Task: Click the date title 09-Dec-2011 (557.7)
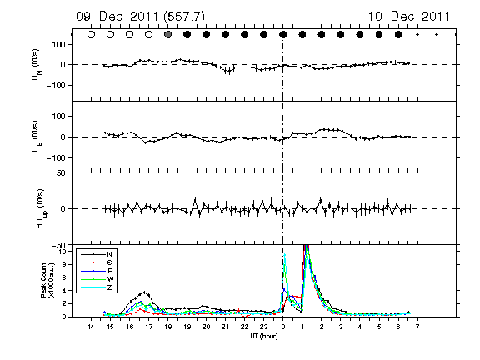pos(140,17)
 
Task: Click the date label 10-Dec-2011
pos(409,17)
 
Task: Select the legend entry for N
pos(97,254)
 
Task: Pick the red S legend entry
pos(97,262)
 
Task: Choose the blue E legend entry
pos(97,271)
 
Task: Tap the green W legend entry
pos(97,279)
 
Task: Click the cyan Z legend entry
pos(97,287)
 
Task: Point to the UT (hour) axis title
pos(264,336)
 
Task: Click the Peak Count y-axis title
pos(47,280)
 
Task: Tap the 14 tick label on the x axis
pos(91,327)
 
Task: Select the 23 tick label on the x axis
pos(263,327)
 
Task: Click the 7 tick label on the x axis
pos(417,327)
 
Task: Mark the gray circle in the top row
pos(167,35)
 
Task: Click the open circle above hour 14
pos(91,35)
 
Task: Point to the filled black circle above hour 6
pos(398,35)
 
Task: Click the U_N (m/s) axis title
pos(37,65)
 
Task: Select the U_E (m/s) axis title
pos(37,137)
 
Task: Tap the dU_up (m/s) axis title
pos(42,208)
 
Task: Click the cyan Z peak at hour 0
pos(285,253)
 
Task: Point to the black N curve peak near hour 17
pos(144,292)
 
